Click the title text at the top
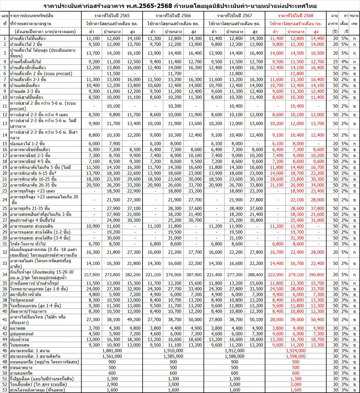click(x=180, y=6)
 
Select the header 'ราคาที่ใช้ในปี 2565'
click(x=112, y=15)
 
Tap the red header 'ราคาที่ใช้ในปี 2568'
click(x=296, y=15)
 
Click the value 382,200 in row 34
click(x=133, y=275)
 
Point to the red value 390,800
click(x=316, y=275)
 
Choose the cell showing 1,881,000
click(x=112, y=351)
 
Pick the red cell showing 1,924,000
click(x=296, y=351)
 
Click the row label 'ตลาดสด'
click(x=18, y=328)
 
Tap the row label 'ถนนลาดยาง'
click(x=21, y=368)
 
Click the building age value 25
click(x=335, y=62)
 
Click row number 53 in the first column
click(x=5, y=390)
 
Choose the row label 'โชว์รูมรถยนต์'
click(x=22, y=300)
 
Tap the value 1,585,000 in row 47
click(x=173, y=356)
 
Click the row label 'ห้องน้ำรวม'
click(x=20, y=339)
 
